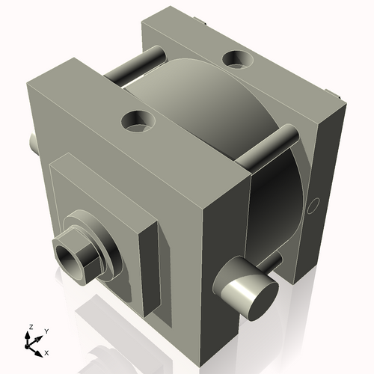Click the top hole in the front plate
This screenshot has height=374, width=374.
coord(139,120)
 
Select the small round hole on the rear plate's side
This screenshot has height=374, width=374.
coord(314,204)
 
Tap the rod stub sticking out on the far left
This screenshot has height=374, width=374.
coord(32,142)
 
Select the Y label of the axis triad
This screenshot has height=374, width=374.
coord(46,331)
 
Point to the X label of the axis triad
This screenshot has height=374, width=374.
coord(46,352)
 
